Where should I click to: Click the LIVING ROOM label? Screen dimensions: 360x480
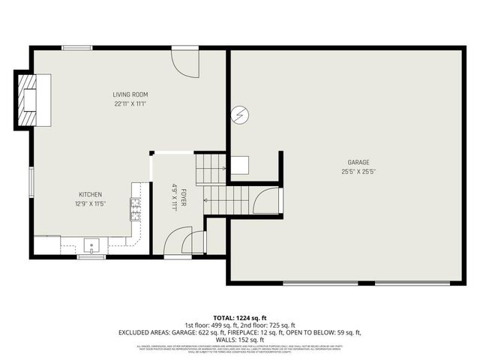pyautogui.click(x=130, y=94)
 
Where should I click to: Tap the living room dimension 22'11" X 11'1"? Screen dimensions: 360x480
pyautogui.click(x=130, y=104)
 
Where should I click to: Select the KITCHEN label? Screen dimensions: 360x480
pyautogui.click(x=88, y=194)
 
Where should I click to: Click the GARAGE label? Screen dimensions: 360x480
pyautogui.click(x=358, y=162)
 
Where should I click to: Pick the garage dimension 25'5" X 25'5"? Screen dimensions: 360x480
pyautogui.click(x=358, y=171)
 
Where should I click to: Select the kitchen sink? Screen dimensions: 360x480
pyautogui.click(x=92, y=245)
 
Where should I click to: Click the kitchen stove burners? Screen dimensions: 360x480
pyautogui.click(x=136, y=208)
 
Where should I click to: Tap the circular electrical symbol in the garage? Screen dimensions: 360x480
pyautogui.click(x=240, y=115)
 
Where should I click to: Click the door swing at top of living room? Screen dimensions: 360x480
pyautogui.click(x=184, y=62)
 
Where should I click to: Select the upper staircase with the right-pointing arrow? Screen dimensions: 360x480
pyautogui.click(x=211, y=168)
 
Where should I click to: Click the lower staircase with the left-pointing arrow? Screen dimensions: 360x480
pyautogui.click(x=227, y=200)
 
